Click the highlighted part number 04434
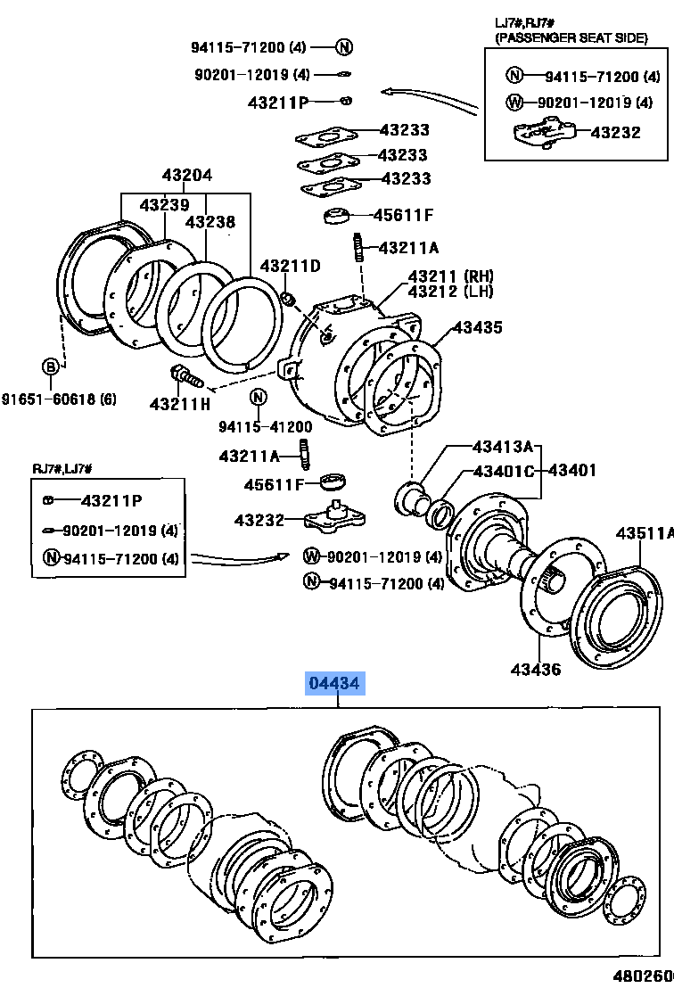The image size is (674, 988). [x=335, y=685]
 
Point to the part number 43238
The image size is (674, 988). [x=210, y=222]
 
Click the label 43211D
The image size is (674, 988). [x=290, y=267]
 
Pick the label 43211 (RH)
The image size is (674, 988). [x=450, y=276]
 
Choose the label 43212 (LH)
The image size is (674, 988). [x=450, y=292]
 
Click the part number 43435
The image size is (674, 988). [x=477, y=328]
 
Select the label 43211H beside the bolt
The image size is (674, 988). [x=180, y=404]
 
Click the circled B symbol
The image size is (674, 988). [x=52, y=366]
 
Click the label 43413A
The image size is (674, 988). [x=502, y=447]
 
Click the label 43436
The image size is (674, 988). [x=536, y=669]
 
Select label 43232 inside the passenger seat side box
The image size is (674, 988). [x=615, y=132]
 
